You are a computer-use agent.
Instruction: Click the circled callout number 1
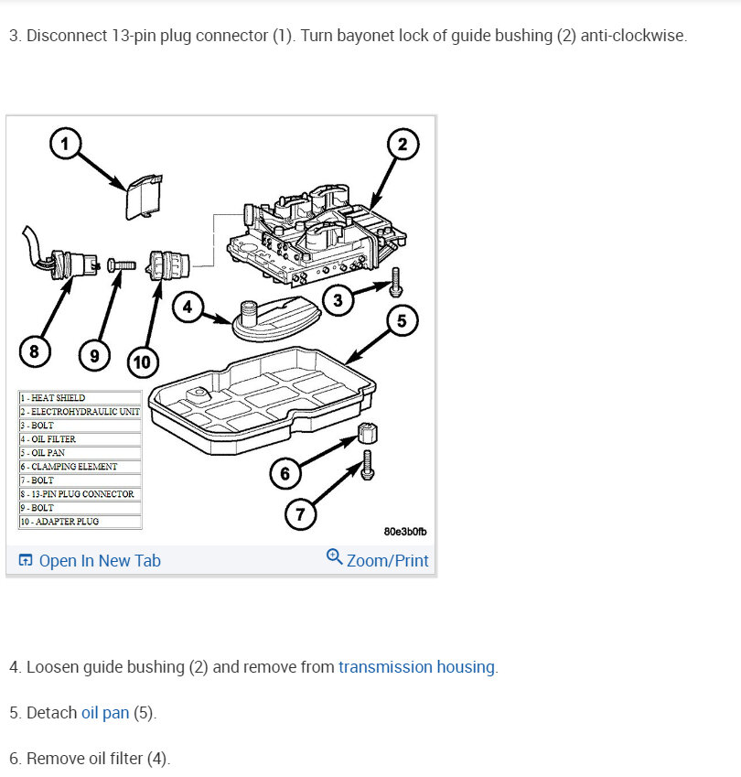coord(65,144)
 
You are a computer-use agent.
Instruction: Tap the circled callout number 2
coord(403,145)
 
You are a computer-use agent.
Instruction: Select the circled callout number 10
coord(143,362)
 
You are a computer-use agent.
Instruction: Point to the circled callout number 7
coord(300,514)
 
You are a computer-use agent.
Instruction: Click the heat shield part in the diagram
coord(144,197)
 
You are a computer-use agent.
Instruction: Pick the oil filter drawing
coord(276,318)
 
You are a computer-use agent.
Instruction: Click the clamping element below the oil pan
coord(368,433)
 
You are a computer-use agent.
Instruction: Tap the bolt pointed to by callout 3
coord(395,282)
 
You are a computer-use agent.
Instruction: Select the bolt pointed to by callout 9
coord(122,265)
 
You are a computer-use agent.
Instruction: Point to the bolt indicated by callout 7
coord(367,465)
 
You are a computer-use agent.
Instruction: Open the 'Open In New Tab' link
coord(90,560)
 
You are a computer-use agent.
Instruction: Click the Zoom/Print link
coord(378,559)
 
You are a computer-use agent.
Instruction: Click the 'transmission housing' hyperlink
coord(416,667)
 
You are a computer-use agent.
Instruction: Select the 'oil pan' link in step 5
coord(105,713)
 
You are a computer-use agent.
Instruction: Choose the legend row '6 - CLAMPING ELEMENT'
coord(81,467)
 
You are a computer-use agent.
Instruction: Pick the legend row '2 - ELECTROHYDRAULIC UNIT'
coord(81,411)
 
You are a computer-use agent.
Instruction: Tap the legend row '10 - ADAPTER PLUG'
coord(81,522)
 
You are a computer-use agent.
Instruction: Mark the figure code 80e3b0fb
coord(405,532)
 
